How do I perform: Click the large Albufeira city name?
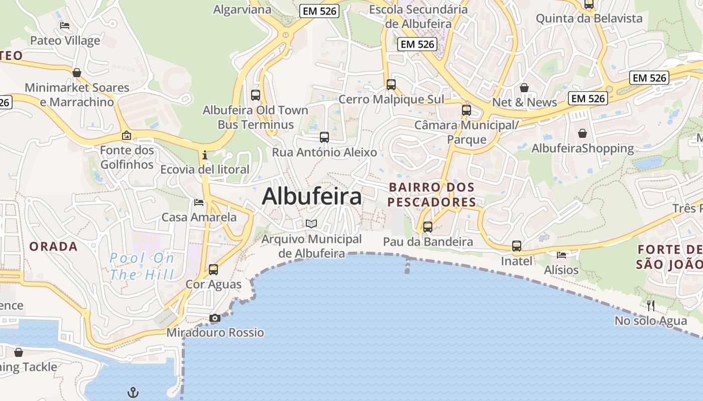[x=311, y=196]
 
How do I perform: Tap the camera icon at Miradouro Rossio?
[x=214, y=318]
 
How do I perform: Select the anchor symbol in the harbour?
[x=133, y=392]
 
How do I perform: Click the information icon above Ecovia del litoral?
[x=205, y=155]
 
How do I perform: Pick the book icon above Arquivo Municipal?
[x=311, y=224]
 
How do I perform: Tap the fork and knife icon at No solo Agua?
[x=651, y=305]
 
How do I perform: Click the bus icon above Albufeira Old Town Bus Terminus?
[x=256, y=95]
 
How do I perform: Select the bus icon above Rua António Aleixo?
[x=324, y=137]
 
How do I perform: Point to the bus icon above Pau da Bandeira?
[x=428, y=227]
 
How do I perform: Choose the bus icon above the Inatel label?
[x=517, y=246]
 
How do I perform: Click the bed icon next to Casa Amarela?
[x=199, y=203]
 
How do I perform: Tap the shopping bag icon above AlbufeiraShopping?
[x=582, y=133]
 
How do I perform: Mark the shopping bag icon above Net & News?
[x=524, y=88]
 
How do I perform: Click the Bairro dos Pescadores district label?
[x=432, y=194]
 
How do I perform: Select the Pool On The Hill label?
[x=142, y=266]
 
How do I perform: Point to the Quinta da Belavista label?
[x=589, y=19]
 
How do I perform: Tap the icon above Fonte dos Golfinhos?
[x=127, y=135]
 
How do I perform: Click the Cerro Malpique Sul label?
[x=391, y=99]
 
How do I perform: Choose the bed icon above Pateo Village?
[x=65, y=26]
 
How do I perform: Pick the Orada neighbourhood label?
[x=53, y=247]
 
